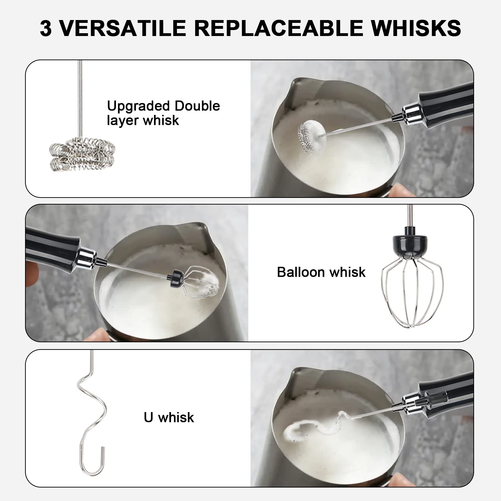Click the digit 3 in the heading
[46, 28]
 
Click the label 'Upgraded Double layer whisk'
[163, 113]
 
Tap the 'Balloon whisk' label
[321, 272]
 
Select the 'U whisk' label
[169, 417]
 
